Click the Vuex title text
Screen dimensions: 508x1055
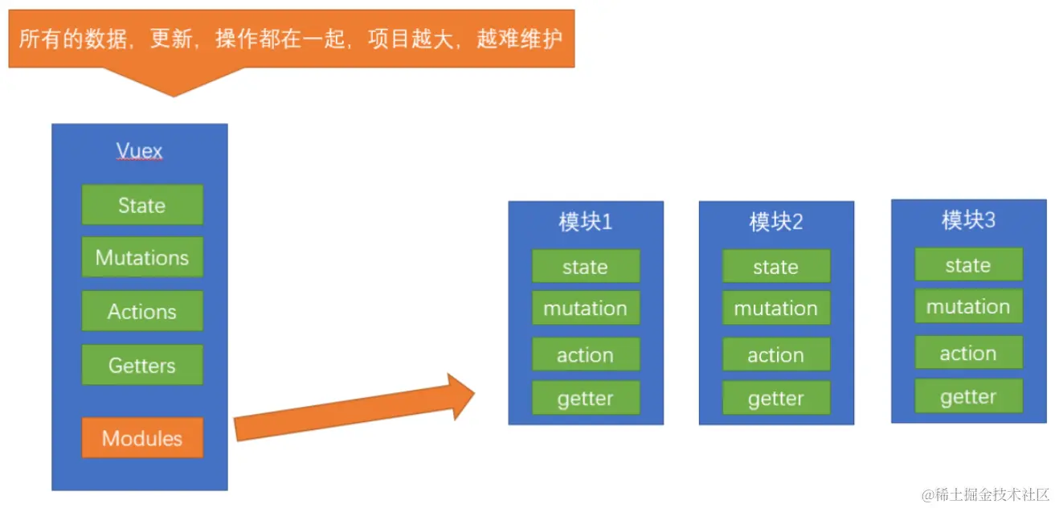(140, 151)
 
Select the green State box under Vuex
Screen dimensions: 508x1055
(142, 205)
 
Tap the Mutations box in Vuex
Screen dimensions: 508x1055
(142, 257)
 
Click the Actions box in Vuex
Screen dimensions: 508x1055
(142, 311)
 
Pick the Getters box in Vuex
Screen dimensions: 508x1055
(142, 365)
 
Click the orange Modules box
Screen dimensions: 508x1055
(142, 438)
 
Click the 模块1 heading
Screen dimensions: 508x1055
(585, 222)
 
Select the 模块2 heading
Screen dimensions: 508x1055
(775, 222)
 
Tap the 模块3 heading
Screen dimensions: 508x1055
(968, 219)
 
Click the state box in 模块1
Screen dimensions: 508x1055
(585, 267)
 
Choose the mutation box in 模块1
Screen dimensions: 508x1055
(585, 308)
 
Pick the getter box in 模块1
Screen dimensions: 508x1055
(585, 398)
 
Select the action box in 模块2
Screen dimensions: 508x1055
(775, 354)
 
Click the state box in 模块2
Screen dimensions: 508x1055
(775, 267)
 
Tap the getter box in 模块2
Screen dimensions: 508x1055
(775, 398)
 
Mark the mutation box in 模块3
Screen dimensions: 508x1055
(968, 306)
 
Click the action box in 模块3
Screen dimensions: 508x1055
(968, 353)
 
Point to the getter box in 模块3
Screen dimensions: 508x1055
(968, 396)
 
